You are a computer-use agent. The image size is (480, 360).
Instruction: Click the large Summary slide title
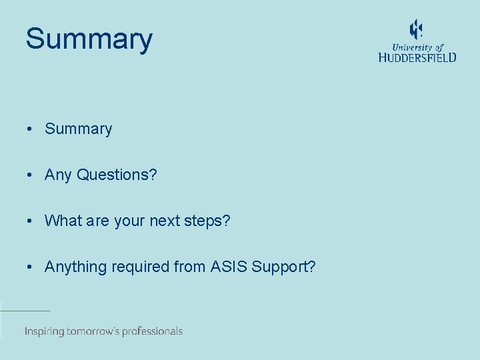coord(89,39)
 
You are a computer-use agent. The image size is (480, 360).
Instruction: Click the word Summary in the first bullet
coord(78,129)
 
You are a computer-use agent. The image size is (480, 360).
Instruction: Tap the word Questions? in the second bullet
coord(117,175)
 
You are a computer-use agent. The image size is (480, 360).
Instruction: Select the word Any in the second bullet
coord(58,175)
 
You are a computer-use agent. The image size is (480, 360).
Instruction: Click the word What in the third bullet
coord(62,221)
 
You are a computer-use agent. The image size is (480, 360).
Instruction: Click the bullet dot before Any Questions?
coord(31,175)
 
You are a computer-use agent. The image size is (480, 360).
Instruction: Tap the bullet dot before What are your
coord(31,221)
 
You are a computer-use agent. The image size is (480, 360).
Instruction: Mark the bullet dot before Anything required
coord(31,267)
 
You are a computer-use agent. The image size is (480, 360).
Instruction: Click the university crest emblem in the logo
coord(416,29)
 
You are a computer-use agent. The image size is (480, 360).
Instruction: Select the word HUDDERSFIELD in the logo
coord(417,58)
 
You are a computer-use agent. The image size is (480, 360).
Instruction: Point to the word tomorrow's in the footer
coord(93,331)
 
